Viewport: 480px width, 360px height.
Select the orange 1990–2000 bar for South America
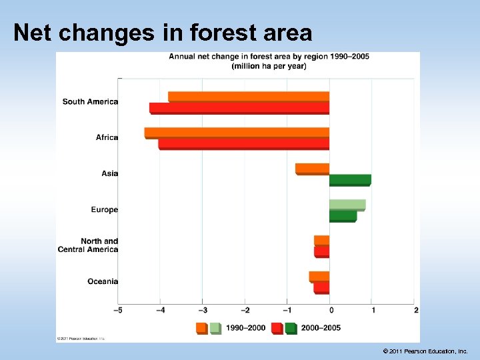click(x=249, y=96)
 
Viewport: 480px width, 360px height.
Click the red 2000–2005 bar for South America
click(x=239, y=107)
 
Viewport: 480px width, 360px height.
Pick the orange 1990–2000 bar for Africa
click(x=237, y=132)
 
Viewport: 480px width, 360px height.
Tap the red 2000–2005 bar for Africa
click(x=243, y=143)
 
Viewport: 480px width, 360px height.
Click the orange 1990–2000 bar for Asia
click(x=312, y=168)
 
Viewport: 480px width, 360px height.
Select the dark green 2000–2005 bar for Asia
click(x=350, y=179)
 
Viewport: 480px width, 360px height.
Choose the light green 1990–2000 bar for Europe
click(x=347, y=205)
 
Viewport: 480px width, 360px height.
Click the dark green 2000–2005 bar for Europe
click(x=343, y=215)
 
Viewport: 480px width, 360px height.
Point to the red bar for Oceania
click(x=321, y=288)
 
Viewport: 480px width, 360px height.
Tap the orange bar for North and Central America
click(x=321, y=240)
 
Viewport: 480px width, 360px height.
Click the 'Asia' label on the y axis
click(x=110, y=173)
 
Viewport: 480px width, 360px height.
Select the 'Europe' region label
click(x=105, y=209)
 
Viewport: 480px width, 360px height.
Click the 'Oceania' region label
click(x=103, y=281)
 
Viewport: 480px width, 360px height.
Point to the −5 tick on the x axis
click(x=119, y=310)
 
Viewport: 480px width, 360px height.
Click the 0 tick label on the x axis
click(x=330, y=310)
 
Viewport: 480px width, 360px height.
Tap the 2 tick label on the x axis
click(x=415, y=310)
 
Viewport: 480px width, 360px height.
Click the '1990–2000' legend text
click(x=245, y=328)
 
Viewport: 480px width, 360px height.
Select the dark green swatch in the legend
click(x=291, y=328)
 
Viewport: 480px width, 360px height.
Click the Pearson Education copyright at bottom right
click(x=425, y=351)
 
